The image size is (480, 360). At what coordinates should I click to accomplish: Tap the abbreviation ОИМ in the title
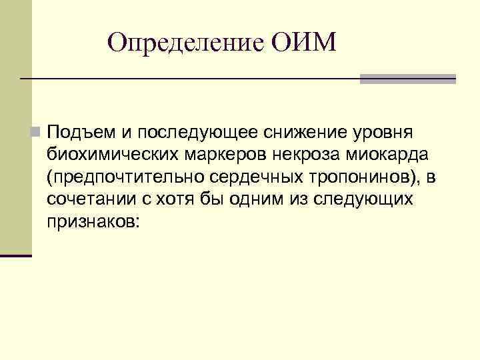point(305,43)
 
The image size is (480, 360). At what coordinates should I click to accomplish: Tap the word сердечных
point(231,177)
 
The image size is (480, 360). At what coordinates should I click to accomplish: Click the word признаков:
point(93,222)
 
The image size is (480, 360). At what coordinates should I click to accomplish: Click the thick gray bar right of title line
point(407,79)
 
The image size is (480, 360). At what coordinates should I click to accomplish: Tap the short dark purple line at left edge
point(16,255)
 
